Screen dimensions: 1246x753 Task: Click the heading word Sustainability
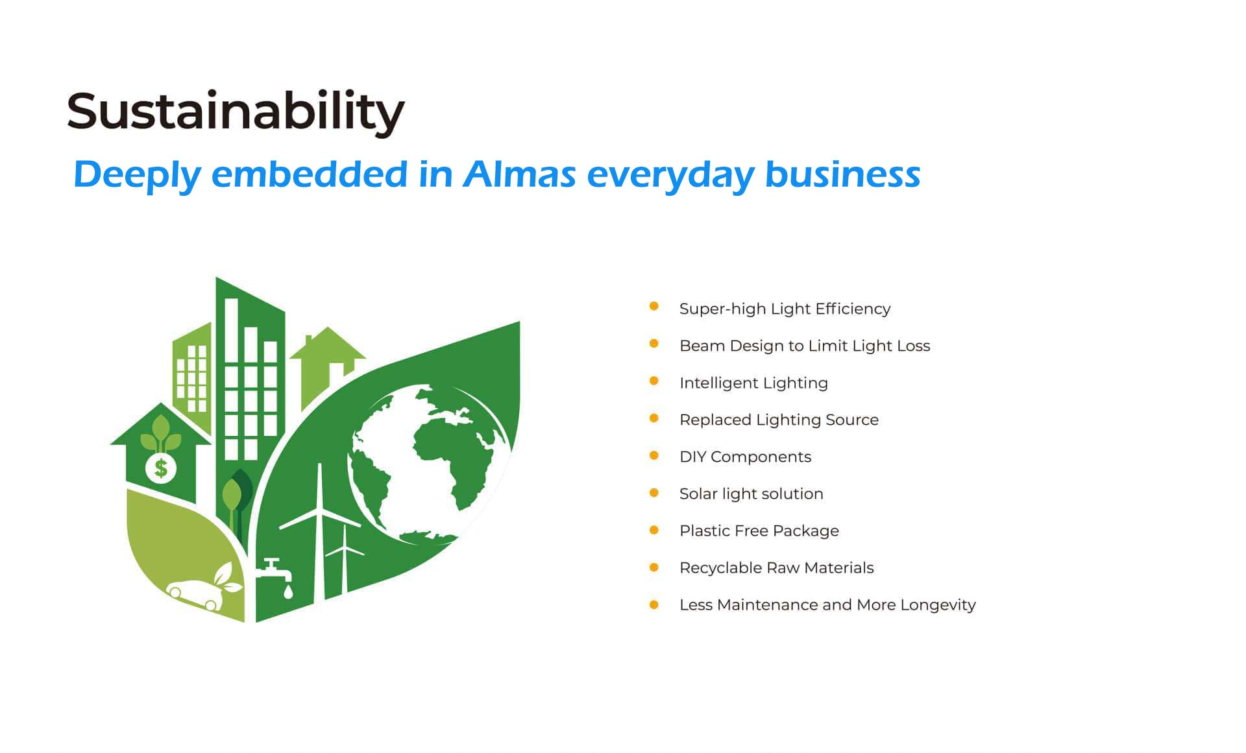[236, 113]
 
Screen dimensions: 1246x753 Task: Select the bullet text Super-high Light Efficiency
[785, 309]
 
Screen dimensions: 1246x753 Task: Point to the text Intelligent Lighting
[753, 383]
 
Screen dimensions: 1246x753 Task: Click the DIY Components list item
[745, 457]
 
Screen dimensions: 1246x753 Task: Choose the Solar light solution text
[751, 494]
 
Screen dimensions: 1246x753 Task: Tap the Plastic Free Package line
[759, 531]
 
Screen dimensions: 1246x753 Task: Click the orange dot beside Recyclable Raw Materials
[654, 568]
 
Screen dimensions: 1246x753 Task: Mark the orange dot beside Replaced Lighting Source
[654, 418]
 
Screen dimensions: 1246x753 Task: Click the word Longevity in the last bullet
[938, 605]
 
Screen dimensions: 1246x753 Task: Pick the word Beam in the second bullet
[702, 346]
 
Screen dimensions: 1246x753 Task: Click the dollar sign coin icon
[161, 468]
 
